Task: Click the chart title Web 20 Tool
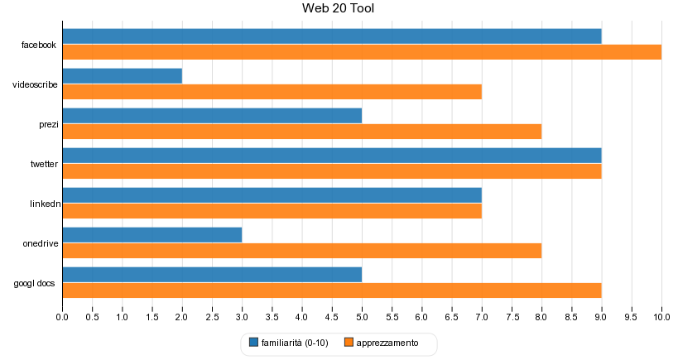tap(338, 8)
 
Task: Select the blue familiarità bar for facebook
tap(332, 36)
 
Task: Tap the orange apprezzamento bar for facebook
tap(362, 52)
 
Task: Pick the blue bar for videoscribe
tap(123, 76)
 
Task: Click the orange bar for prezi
tap(302, 132)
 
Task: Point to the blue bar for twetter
tap(332, 156)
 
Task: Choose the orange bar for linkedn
tap(272, 211)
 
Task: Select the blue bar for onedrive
tap(152, 235)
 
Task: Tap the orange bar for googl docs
tap(332, 290)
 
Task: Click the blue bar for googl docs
tap(212, 275)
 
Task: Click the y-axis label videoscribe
tap(35, 84)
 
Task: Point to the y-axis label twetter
tap(44, 164)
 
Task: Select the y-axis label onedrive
tap(41, 244)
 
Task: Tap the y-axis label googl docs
tap(34, 284)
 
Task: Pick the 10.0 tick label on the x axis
tap(661, 317)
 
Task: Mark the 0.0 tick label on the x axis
tap(62, 317)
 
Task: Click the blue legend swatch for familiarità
tap(254, 343)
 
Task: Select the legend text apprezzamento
tap(387, 343)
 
